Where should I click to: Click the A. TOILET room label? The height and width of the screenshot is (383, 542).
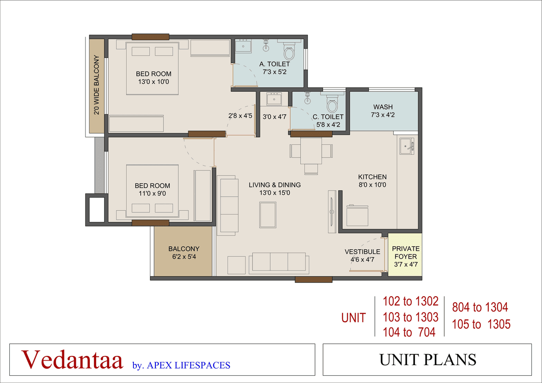click(275, 64)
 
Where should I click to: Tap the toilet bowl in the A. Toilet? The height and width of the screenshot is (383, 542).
click(289, 53)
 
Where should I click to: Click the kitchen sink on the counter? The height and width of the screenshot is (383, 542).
click(407, 146)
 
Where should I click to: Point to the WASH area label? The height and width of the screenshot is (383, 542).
click(383, 107)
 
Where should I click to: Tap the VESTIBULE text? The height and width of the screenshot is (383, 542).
click(362, 252)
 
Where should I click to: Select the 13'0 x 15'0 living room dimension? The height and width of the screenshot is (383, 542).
click(275, 193)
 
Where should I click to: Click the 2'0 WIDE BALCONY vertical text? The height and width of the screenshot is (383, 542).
click(97, 85)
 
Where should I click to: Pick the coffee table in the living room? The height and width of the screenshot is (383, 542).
click(268, 215)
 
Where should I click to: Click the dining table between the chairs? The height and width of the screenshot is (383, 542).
click(311, 151)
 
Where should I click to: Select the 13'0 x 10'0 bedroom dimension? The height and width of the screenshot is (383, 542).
click(154, 82)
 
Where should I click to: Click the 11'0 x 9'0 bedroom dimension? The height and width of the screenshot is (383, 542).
click(152, 193)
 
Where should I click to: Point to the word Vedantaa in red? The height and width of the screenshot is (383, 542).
click(72, 359)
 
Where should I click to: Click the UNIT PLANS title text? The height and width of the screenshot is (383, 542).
click(428, 359)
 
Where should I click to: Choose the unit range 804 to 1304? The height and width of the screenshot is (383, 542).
click(480, 307)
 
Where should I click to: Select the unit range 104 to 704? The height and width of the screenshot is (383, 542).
click(409, 333)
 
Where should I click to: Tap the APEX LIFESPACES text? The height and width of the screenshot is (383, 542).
click(188, 365)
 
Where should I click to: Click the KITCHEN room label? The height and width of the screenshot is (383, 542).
click(372, 177)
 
